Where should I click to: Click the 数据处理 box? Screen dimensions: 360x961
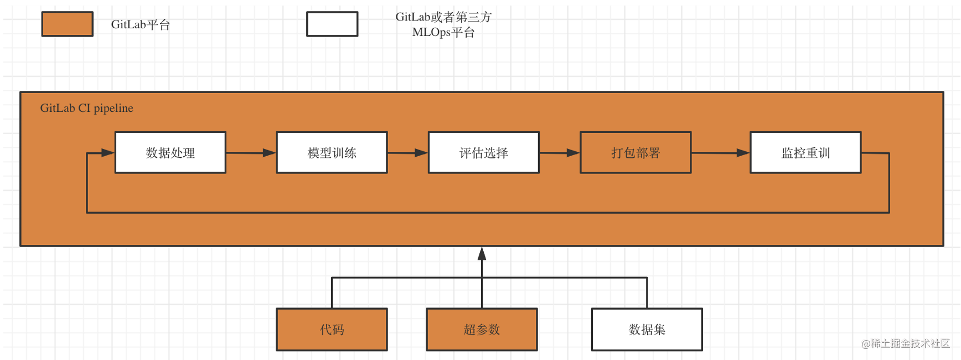(x=170, y=152)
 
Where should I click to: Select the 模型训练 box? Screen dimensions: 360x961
(x=332, y=152)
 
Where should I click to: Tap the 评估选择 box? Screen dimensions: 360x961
(x=483, y=152)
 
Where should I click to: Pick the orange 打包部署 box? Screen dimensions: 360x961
(x=635, y=152)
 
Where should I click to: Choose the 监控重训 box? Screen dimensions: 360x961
(x=805, y=152)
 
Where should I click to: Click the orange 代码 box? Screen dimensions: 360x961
(x=332, y=330)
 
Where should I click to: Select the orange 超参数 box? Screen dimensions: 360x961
(x=482, y=330)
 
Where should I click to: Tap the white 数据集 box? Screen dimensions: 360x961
(x=647, y=330)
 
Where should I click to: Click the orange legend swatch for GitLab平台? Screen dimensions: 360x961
(x=68, y=24)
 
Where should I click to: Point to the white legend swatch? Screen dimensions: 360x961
(x=332, y=24)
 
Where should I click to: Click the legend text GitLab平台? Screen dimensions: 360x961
(x=141, y=24)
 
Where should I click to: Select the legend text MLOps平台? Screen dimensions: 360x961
(x=443, y=32)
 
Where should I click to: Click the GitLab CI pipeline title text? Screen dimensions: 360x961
(x=87, y=108)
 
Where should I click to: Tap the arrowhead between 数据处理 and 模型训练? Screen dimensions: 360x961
(x=269, y=153)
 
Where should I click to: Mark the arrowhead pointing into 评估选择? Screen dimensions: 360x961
(x=421, y=153)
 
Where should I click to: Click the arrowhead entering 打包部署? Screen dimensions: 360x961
(x=573, y=153)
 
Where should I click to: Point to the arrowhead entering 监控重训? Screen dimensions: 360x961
(x=743, y=153)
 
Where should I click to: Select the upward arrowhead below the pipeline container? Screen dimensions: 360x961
(x=482, y=254)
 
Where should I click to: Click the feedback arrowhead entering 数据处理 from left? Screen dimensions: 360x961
(x=108, y=153)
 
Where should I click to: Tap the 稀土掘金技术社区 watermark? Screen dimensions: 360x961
(x=906, y=343)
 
